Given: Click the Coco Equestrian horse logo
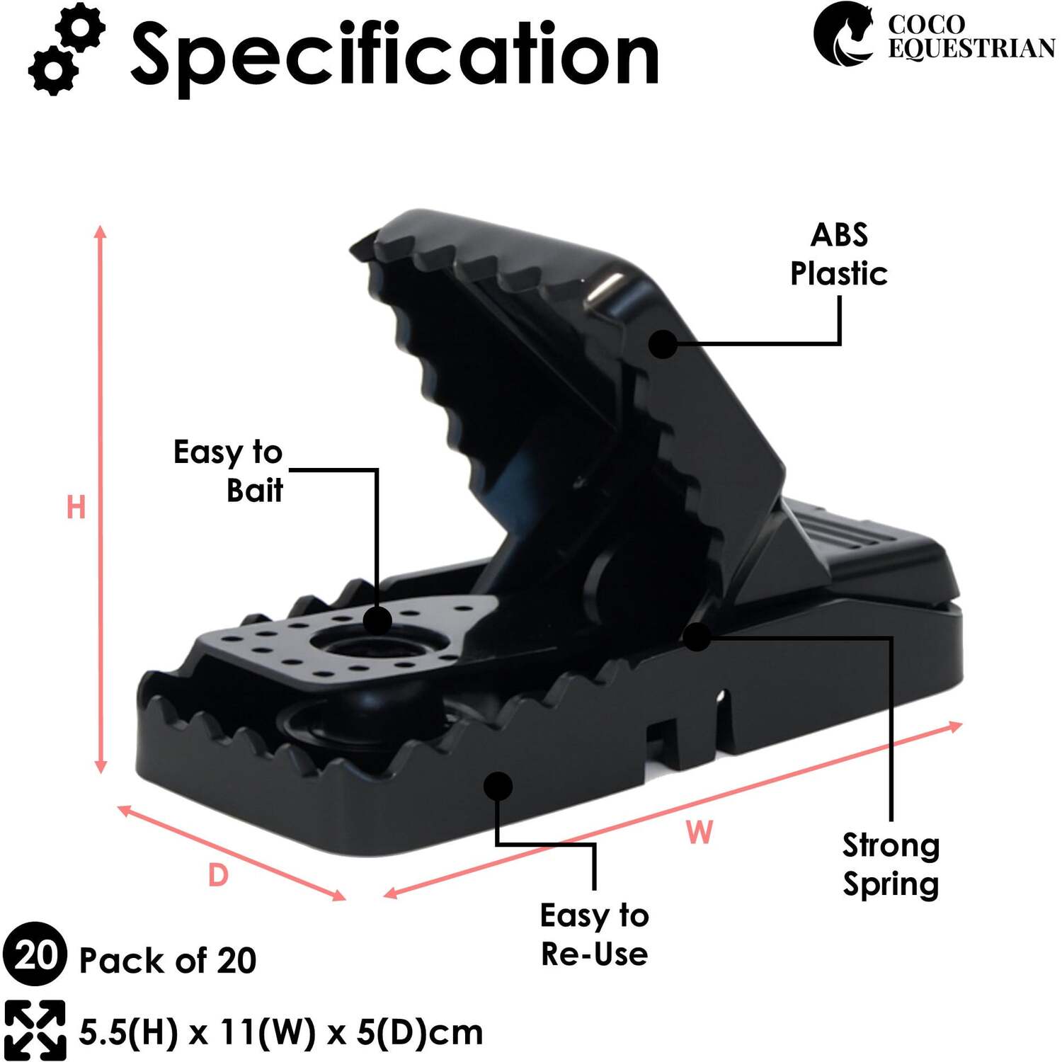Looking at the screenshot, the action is coord(843,34).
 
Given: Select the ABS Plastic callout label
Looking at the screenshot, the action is coord(839,254).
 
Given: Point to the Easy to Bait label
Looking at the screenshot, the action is coord(228,471).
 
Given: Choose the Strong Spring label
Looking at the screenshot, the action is coord(891,864).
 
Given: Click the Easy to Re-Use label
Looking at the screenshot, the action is coord(594,935).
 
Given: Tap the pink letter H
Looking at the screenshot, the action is coord(76,508).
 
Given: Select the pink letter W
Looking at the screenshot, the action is coord(700,832).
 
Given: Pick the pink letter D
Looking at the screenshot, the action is coord(218,876).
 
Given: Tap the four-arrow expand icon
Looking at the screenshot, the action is coord(34,1031).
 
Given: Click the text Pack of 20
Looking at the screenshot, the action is coord(167,961).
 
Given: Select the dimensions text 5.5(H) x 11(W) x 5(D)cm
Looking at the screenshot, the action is coord(280,1032).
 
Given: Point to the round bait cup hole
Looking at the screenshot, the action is coord(379,645).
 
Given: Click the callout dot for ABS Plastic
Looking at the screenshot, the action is coord(663,344).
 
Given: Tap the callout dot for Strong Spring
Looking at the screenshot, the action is coord(697,636).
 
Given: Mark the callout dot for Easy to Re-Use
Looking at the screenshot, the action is coord(498,786).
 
